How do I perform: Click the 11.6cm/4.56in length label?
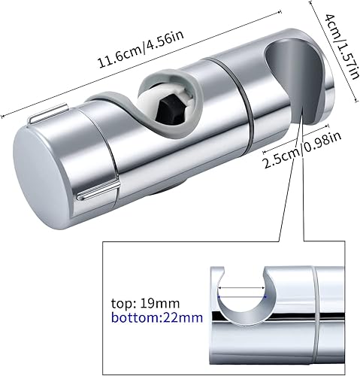[141, 50]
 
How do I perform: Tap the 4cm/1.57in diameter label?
[340, 47]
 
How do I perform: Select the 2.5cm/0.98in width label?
[301, 150]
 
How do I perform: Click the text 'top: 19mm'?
[145, 304]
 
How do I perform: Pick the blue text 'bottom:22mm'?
[157, 318]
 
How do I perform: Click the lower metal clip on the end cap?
[98, 192]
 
